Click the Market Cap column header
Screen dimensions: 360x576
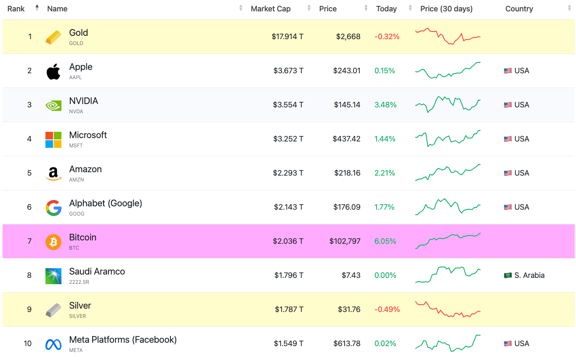click(271, 9)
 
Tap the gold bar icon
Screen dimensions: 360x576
click(53, 37)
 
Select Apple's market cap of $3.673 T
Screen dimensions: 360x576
click(288, 71)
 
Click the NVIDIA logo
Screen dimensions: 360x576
click(53, 105)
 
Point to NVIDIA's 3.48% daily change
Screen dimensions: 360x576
click(385, 105)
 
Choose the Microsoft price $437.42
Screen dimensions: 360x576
click(346, 139)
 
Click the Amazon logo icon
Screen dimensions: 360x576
click(53, 173)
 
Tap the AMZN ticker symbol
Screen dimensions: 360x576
click(77, 180)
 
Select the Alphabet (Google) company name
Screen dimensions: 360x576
click(106, 203)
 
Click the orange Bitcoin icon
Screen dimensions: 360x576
click(53, 242)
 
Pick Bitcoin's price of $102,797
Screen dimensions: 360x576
click(345, 241)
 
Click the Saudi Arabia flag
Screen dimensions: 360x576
click(508, 275)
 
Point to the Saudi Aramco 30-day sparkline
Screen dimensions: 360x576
click(448, 275)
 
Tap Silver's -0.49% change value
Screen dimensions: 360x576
click(387, 309)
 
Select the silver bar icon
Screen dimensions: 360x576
click(53, 310)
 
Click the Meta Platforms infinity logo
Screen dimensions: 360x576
click(53, 344)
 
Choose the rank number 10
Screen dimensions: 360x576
click(28, 344)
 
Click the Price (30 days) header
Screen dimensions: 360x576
click(446, 9)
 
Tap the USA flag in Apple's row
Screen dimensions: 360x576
click(508, 71)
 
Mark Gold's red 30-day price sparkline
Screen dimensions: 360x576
click(448, 36)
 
